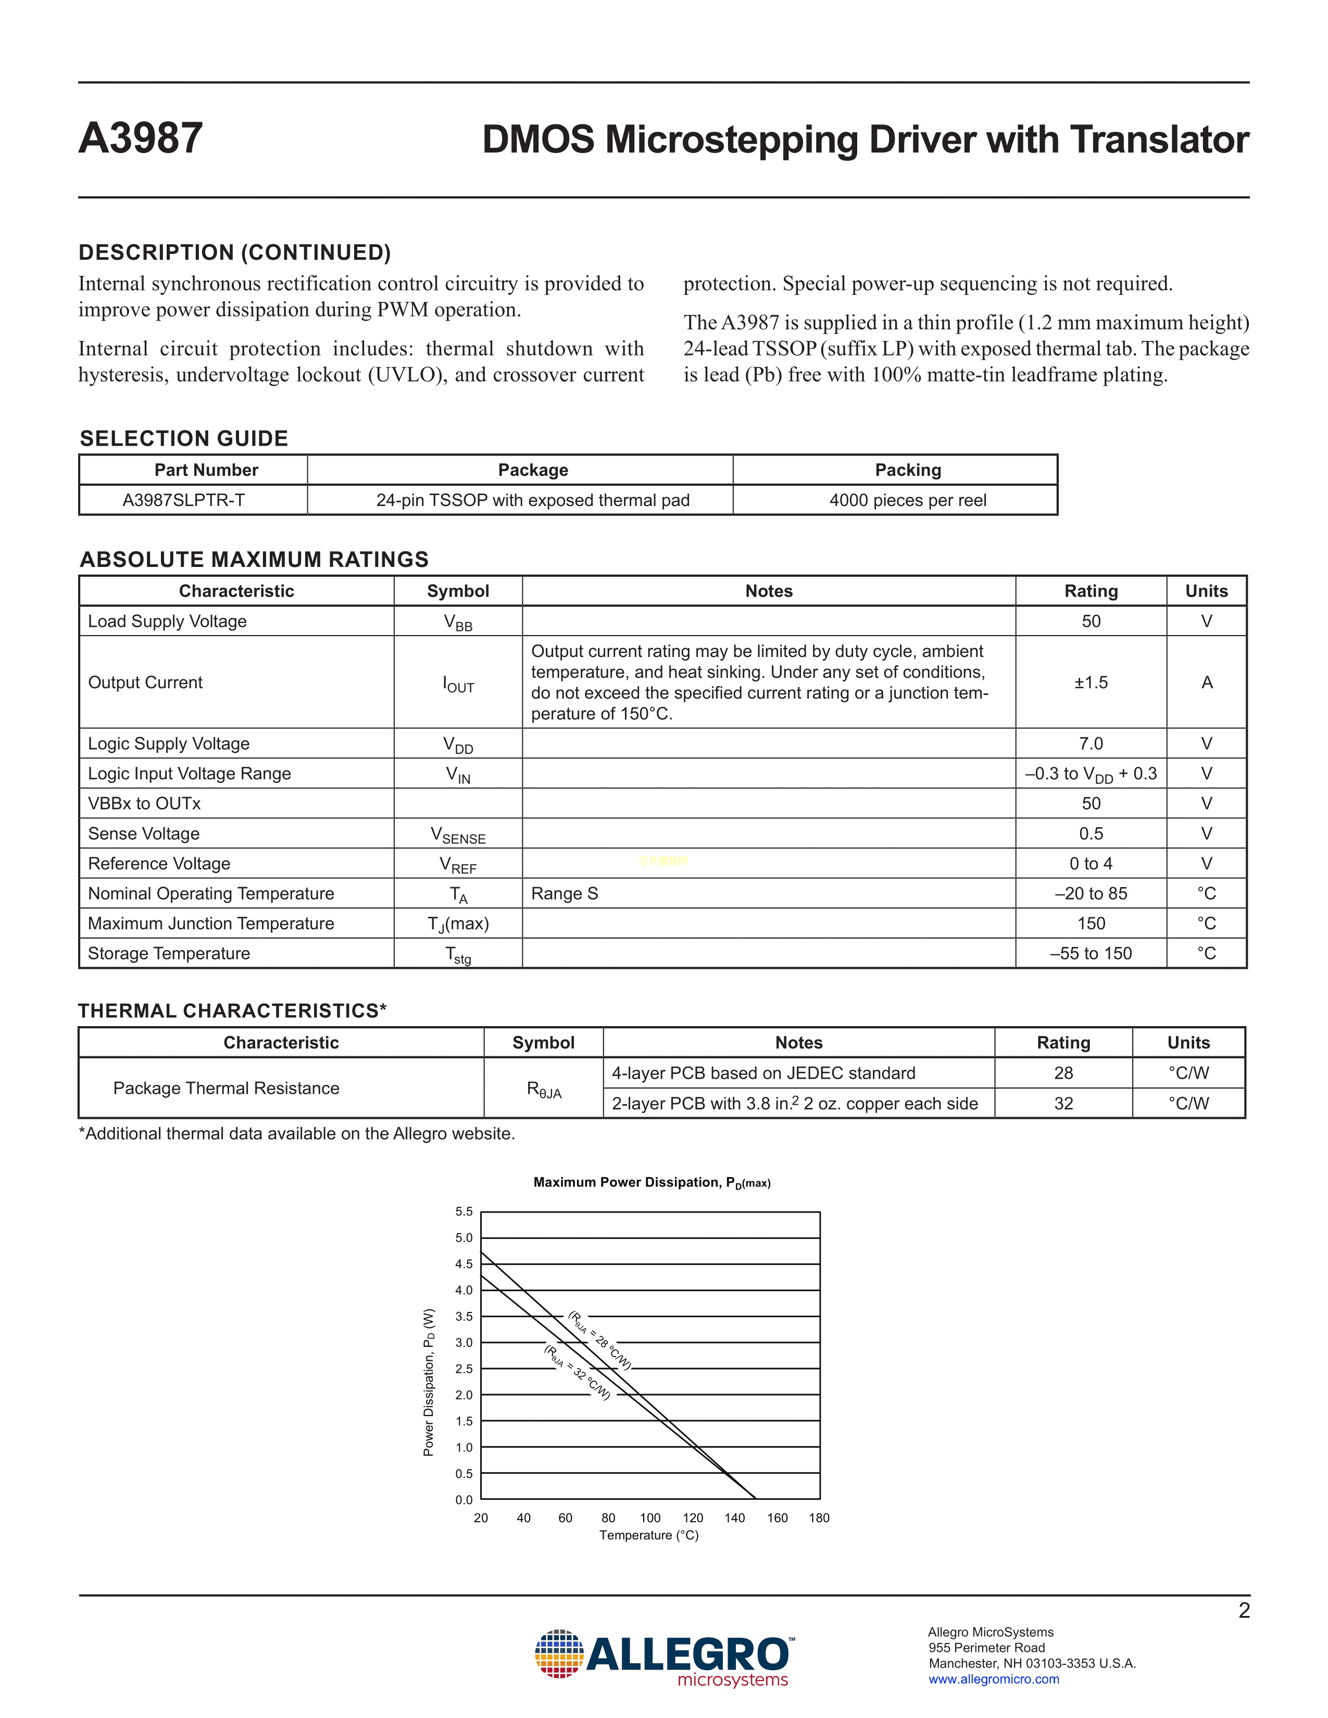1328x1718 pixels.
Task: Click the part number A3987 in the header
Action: (141, 138)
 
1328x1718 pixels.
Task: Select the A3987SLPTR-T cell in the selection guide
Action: (183, 500)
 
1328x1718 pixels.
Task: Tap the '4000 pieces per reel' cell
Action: (907, 500)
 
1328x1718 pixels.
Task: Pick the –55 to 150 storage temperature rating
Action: (1091, 953)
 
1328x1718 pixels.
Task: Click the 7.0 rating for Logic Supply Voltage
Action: (1091, 743)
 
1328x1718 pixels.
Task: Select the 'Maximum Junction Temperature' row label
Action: (211, 924)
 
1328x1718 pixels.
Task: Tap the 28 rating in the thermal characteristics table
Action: (1063, 1073)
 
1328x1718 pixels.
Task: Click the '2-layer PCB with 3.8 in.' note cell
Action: (795, 1104)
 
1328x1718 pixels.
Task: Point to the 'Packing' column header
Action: (908, 470)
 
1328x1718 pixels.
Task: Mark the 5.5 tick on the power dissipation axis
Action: (463, 1212)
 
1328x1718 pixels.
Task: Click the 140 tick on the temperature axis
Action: (734, 1518)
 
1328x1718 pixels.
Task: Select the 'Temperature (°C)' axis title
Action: (649, 1535)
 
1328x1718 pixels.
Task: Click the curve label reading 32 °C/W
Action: (578, 1373)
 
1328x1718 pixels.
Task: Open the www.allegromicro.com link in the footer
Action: (994, 1679)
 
